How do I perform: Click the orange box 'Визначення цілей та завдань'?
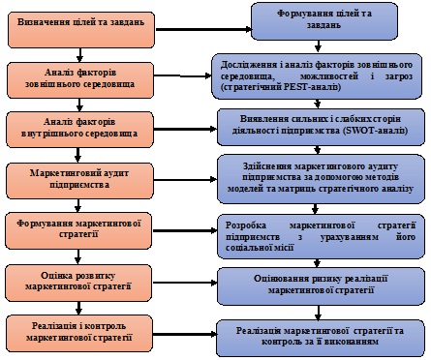[81, 30]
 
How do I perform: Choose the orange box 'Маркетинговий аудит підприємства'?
[79, 180]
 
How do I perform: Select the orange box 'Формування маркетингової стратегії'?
[78, 230]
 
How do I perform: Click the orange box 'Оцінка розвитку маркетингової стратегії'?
[78, 283]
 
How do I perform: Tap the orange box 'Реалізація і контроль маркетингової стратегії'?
[79, 333]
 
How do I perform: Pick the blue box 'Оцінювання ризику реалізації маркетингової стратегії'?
[321, 286]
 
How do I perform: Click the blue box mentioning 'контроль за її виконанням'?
[321, 338]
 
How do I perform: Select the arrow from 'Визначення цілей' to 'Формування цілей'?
[203, 29]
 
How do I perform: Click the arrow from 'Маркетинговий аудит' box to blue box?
[185, 180]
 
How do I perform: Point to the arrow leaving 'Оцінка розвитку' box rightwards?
[185, 283]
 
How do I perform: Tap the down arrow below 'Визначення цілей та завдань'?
[79, 55]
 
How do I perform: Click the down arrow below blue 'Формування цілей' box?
[319, 46]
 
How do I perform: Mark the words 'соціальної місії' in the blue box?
[260, 248]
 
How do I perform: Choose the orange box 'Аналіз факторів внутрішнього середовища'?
[79, 130]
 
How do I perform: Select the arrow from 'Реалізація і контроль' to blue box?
[184, 334]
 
